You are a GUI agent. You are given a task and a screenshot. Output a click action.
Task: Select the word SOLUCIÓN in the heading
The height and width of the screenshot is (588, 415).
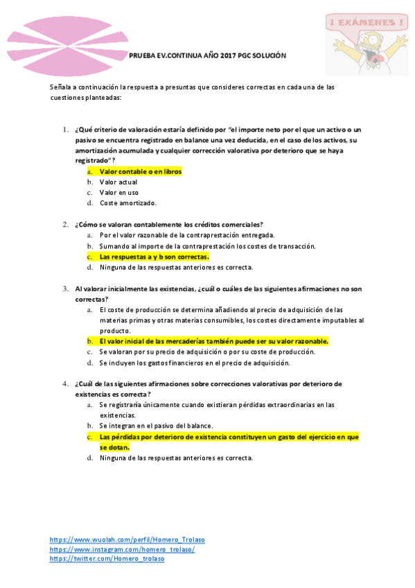[x=267, y=55]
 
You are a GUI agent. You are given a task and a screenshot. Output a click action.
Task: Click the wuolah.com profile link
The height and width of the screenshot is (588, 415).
[x=127, y=539]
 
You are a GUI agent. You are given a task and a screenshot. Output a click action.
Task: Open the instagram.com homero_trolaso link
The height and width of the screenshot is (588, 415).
[x=122, y=549]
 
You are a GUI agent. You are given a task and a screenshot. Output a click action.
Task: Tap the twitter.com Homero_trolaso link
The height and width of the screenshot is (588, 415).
[x=107, y=559]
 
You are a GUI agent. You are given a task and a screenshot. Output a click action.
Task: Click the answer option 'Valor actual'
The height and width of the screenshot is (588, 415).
[x=118, y=182]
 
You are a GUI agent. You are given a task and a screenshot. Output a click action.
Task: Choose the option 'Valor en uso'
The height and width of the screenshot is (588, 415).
[x=118, y=192]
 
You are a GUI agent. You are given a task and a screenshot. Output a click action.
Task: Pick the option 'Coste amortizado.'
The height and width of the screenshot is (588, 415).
[x=128, y=203]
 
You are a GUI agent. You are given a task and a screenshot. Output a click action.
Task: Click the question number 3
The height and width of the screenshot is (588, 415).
[x=65, y=288]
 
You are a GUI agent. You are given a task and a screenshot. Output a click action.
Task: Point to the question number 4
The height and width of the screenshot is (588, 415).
[x=65, y=383]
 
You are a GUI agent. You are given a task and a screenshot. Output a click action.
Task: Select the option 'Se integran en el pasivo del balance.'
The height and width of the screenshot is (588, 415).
[x=156, y=425]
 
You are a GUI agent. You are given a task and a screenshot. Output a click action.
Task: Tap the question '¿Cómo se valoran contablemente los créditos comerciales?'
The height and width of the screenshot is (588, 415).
[x=169, y=225]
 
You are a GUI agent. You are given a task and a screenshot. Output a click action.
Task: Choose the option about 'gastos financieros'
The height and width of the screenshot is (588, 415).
[x=194, y=362]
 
